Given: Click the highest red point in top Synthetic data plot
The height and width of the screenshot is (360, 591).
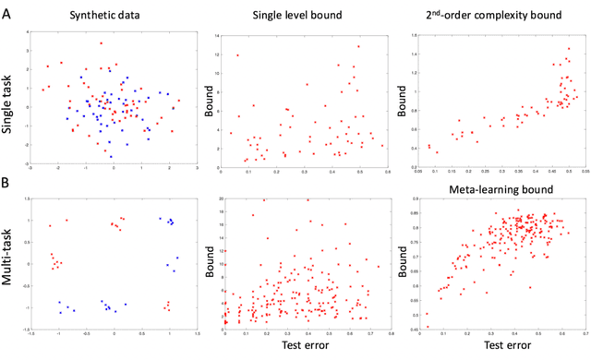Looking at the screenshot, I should (x=101, y=42).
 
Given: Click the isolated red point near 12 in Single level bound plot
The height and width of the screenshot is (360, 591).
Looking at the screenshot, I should (x=237, y=54).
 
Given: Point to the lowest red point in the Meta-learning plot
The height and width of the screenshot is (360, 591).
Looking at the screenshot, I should (x=427, y=326).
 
